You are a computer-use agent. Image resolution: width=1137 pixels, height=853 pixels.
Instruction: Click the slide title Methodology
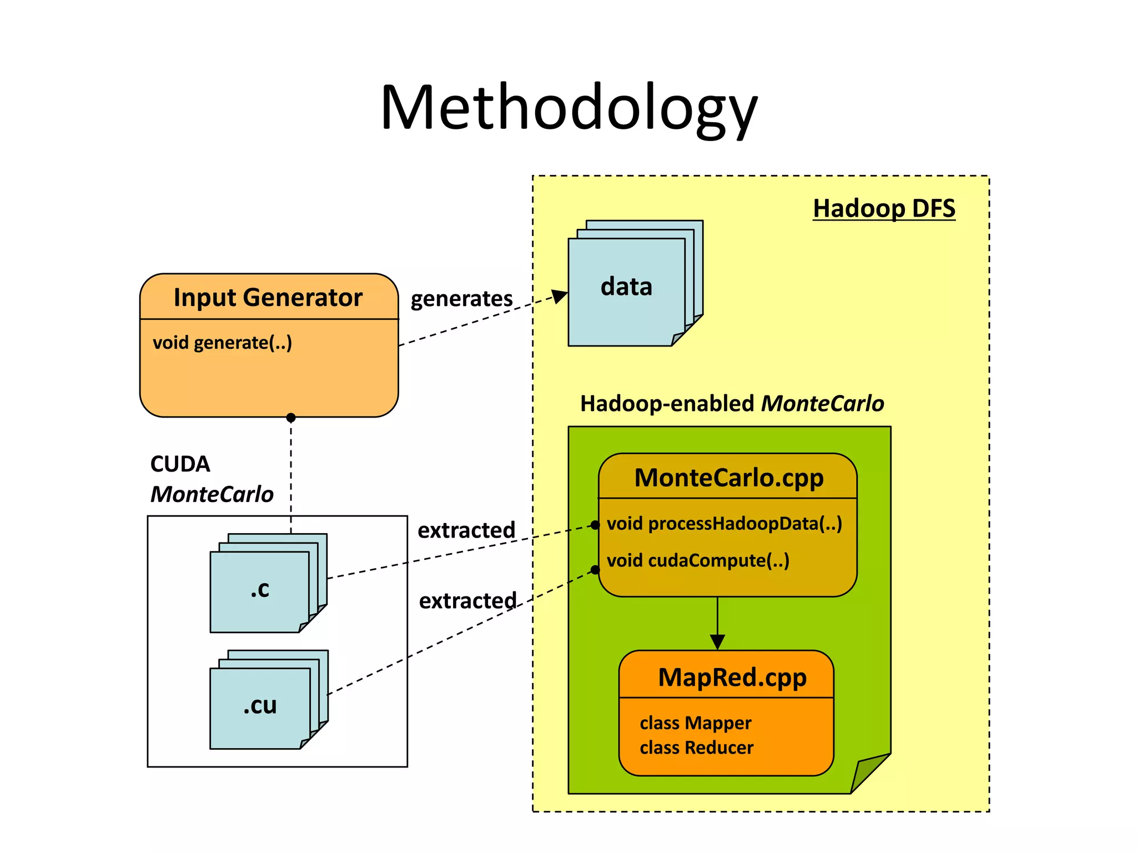(x=568, y=108)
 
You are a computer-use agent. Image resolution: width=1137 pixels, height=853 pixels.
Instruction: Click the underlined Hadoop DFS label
(x=884, y=209)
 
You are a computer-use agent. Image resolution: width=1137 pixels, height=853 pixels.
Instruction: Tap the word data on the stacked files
(x=626, y=287)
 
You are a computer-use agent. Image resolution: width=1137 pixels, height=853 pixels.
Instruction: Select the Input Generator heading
(x=268, y=298)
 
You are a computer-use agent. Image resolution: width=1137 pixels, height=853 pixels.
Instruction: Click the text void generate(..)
(x=222, y=343)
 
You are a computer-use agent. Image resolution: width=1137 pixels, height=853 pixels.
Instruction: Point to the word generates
(x=461, y=299)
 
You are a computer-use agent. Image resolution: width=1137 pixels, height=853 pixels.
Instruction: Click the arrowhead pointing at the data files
(x=560, y=295)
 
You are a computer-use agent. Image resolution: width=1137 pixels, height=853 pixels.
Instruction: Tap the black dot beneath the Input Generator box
(x=291, y=418)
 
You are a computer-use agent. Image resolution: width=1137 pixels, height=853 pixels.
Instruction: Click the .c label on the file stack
(x=259, y=589)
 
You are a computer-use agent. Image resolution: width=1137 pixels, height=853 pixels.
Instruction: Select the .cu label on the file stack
(x=259, y=706)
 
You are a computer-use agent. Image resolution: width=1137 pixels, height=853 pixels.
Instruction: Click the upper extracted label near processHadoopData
(x=466, y=530)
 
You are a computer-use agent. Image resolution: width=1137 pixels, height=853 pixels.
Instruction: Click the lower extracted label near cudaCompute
(x=467, y=601)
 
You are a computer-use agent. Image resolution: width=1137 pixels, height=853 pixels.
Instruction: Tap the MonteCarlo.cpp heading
(x=728, y=478)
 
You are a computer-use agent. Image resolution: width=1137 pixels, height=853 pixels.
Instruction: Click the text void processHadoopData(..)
(x=724, y=524)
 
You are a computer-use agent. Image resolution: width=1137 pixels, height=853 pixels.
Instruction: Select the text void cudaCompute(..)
(x=698, y=560)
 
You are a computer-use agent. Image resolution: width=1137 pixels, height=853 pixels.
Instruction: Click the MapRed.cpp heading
(x=732, y=678)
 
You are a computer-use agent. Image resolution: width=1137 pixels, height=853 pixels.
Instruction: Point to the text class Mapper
(x=695, y=723)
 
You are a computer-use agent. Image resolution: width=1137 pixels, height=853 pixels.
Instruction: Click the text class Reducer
(x=696, y=748)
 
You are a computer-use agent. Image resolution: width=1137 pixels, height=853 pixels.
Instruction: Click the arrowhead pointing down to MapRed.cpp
(x=717, y=642)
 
